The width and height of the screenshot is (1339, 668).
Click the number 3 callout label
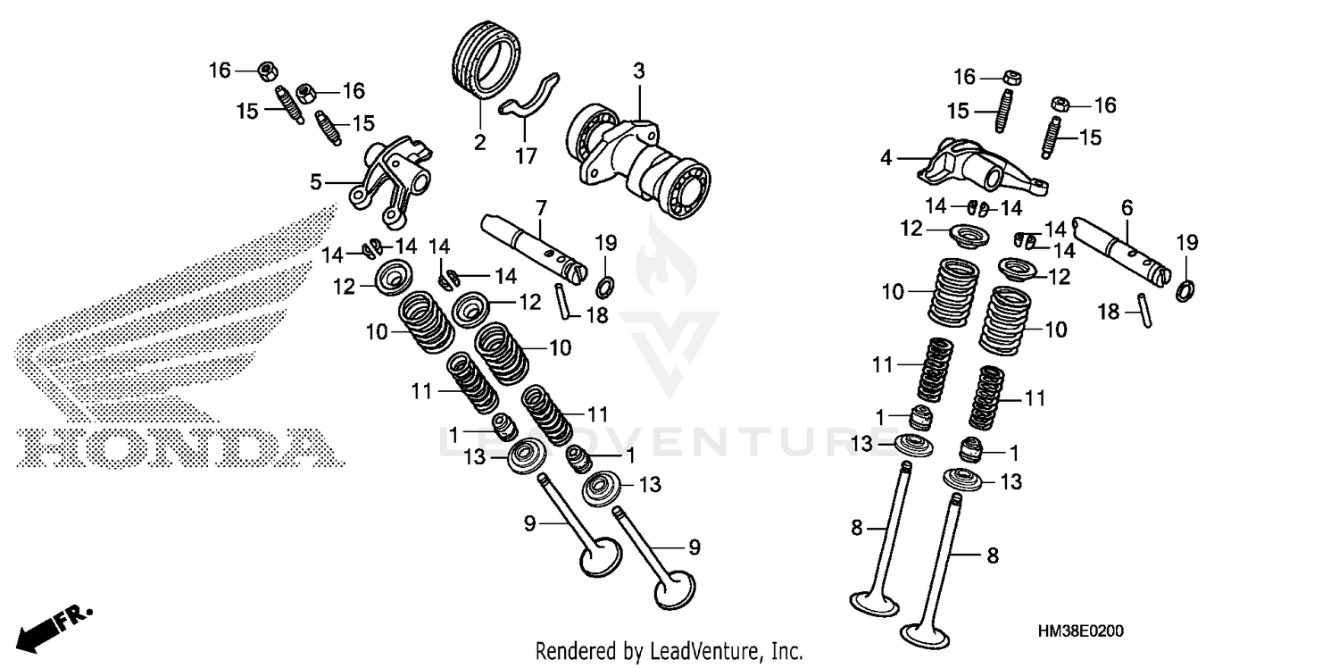[x=638, y=71]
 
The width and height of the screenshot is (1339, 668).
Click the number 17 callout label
[x=526, y=156]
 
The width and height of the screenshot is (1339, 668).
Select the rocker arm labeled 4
[x=977, y=162]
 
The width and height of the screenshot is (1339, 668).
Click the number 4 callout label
[x=886, y=158]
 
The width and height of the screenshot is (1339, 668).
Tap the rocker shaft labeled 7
[x=533, y=245]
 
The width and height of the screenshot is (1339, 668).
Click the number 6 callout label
[x=1127, y=207]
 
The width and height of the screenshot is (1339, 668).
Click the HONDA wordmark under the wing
[x=179, y=447]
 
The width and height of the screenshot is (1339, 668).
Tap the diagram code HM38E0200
[x=1080, y=632]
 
